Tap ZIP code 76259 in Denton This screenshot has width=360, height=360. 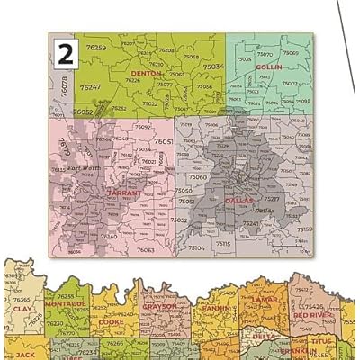pyautogui.click(x=95, y=48)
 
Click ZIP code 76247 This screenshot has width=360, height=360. pyautogui.click(x=89, y=87)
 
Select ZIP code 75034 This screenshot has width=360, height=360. pyautogui.click(x=213, y=67)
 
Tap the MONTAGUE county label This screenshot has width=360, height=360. pyautogui.click(x=67, y=303)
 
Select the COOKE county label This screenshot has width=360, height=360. pyautogui.click(x=112, y=320)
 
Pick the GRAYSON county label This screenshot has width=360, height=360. pyautogui.click(x=159, y=306)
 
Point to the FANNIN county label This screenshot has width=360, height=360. pyautogui.click(x=215, y=308)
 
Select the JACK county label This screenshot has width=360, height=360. pyautogui.click(x=24, y=343)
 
